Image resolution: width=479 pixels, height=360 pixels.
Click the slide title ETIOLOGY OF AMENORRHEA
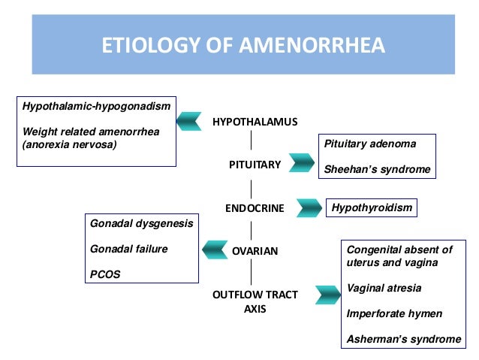pyautogui.click(x=243, y=47)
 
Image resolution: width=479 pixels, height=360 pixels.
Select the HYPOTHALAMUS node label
pyautogui.click(x=255, y=122)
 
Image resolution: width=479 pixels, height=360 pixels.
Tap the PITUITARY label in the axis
pyautogui.click(x=255, y=164)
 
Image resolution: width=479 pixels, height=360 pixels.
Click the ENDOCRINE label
pyautogui.click(x=255, y=208)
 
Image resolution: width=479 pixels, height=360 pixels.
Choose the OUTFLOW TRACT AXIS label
pyautogui.click(x=255, y=301)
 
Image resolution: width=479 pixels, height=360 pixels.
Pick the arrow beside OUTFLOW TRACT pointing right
pyautogui.click(x=327, y=295)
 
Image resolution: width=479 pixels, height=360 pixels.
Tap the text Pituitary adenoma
pyautogui.click(x=369, y=143)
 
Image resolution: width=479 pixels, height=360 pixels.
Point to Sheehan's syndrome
pyautogui.click(x=377, y=169)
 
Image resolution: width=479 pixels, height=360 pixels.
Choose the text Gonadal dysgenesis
pyautogui.click(x=141, y=223)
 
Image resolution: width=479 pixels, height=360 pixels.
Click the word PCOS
pyautogui.click(x=104, y=274)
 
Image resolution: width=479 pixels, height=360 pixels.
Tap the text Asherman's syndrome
pyautogui.click(x=403, y=339)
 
